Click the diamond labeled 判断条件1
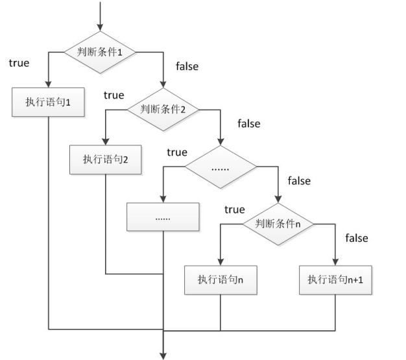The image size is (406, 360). pos(100,53)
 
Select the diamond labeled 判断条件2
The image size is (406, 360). pos(163,110)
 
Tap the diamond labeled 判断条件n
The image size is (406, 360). pos(278,224)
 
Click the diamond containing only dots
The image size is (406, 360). pos(221,167)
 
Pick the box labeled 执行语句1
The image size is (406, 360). pos(48,102)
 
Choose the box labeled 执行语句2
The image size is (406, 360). pos(105,160)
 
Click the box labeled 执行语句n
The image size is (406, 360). pos(221,280)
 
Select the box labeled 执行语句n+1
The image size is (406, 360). pos(335,280)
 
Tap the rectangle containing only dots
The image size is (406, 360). pos(163,217)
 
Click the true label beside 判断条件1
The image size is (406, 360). pos(19,63)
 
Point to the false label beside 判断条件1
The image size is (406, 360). pos(187,66)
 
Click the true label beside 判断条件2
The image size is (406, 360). pos(114,95)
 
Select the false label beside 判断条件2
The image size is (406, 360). pos(249,123)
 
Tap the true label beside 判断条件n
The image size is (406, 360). pos(235,210)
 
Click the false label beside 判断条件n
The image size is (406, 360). pos(357,238)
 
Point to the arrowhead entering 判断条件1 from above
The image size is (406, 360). pos(100,27)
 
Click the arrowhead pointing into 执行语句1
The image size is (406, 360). pos(48,84)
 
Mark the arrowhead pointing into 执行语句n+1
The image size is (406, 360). pos(335,262)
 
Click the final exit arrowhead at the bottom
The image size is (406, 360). pos(163,356)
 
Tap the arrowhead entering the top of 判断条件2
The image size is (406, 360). pos(163,84)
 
